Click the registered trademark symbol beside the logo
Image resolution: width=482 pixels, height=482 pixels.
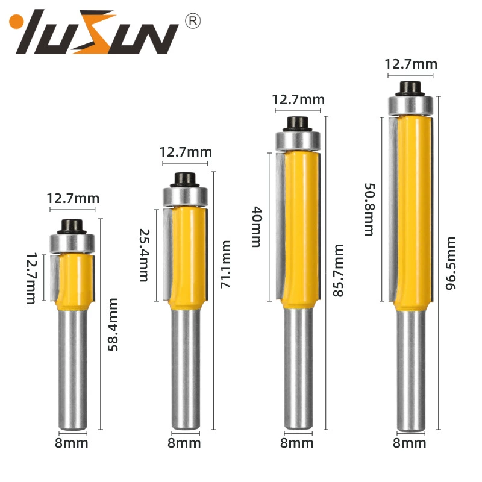point(193,21)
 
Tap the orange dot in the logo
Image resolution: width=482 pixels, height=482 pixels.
point(16,22)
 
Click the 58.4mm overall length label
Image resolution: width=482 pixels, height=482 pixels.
point(113,324)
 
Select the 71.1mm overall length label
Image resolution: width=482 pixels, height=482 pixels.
point(225,264)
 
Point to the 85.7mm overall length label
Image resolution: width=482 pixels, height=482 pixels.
point(338,271)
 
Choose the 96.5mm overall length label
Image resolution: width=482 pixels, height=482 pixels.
point(451,263)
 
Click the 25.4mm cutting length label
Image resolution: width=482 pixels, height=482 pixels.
point(144,255)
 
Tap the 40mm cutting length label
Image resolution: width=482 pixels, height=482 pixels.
point(257,227)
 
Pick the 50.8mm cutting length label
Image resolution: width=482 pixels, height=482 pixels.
point(369,210)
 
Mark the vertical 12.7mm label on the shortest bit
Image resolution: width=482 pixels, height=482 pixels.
point(31,278)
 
